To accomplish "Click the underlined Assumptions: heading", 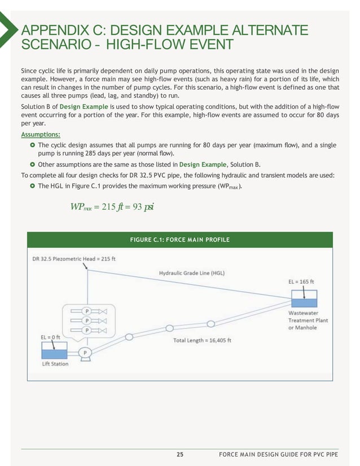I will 41,134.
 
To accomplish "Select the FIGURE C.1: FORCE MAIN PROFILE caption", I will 179,240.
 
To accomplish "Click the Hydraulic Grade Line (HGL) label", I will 191,273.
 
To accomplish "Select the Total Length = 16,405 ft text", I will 201,340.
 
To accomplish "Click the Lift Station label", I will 55,364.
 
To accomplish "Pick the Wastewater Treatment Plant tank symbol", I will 303,298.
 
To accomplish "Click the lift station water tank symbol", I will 55,351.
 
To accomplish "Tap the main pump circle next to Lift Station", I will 85,353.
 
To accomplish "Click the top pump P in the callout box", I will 87,311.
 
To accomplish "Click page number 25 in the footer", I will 180,454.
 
